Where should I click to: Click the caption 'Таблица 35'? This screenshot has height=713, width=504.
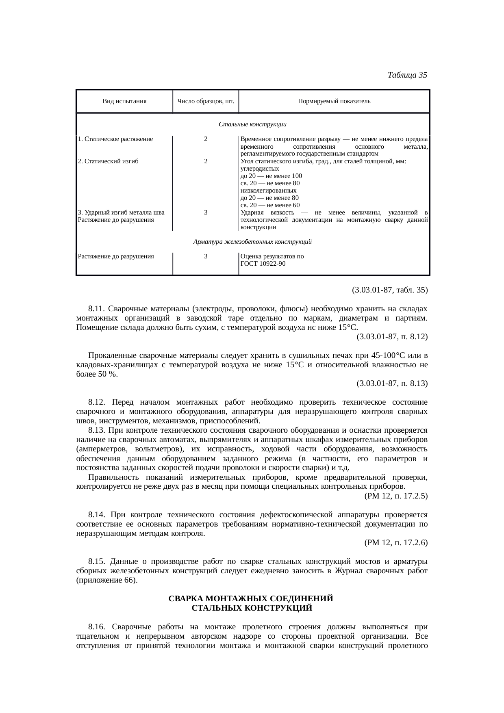point(407,75)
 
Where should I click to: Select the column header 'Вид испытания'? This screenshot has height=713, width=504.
point(124,101)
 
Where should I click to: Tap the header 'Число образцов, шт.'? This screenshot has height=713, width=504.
point(206,101)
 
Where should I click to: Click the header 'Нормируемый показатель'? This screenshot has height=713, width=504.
point(334,101)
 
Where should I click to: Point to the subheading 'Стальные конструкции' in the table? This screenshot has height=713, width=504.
point(252,124)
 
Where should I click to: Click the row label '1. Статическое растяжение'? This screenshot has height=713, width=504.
point(115,139)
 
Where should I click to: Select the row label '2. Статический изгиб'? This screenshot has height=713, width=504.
point(108,161)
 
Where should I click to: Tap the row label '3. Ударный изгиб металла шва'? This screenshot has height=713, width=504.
point(121,212)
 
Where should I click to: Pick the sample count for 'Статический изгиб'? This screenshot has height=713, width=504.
point(206,161)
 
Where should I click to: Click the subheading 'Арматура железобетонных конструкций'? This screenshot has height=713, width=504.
point(252,242)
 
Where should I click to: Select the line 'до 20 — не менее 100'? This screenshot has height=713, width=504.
point(271,176)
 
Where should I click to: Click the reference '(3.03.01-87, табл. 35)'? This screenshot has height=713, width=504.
point(389,290)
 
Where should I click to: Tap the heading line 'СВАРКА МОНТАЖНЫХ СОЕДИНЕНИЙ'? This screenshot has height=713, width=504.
point(251,599)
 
